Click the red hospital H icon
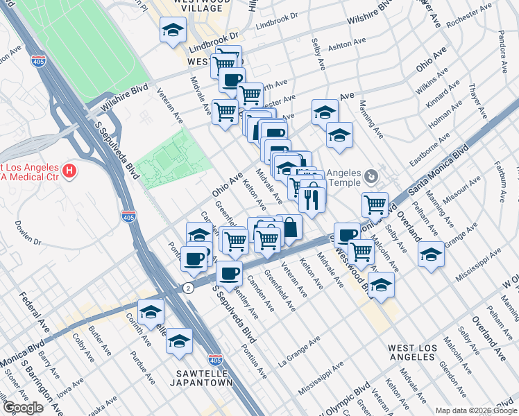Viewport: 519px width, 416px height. tap(69, 170)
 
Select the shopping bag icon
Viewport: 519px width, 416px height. tap(291, 227)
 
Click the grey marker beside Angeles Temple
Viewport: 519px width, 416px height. tap(373, 177)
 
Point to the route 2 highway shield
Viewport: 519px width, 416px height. tap(187, 287)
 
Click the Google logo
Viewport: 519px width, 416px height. tap(23, 408)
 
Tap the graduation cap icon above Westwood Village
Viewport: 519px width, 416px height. tap(173, 30)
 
